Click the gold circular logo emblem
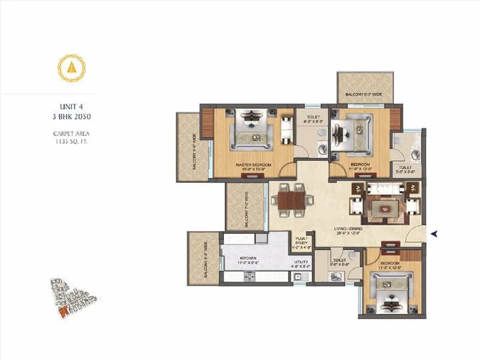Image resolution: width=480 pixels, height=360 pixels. [71, 68]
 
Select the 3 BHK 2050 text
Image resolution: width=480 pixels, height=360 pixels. [71, 116]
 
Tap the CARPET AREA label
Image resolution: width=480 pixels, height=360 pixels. [71, 133]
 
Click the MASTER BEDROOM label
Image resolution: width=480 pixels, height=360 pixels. [254, 164]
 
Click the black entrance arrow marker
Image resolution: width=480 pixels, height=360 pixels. [434, 234]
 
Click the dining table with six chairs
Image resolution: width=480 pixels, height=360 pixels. [292, 199]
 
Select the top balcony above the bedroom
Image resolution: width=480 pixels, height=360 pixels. [365, 88]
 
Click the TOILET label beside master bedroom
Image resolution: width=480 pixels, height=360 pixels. [313, 118]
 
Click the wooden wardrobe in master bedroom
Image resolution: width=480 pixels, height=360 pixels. [207, 123]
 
